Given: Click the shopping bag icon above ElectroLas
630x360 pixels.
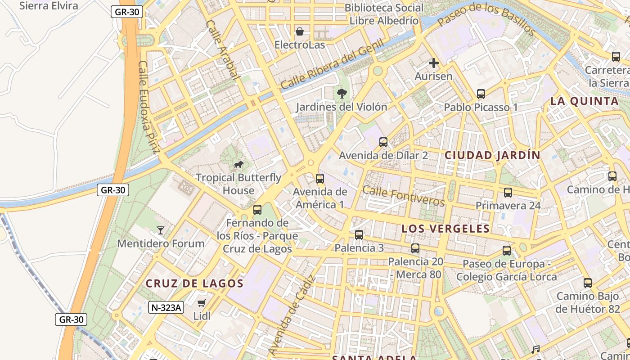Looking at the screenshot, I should pyautogui.click(x=300, y=31).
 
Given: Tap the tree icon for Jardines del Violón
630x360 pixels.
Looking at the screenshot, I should pyautogui.click(x=342, y=94).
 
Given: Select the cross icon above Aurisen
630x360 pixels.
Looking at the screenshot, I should pyautogui.click(x=433, y=63).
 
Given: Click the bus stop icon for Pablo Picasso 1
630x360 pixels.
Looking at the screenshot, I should pyautogui.click(x=481, y=94).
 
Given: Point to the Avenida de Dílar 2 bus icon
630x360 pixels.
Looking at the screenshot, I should pyautogui.click(x=383, y=142).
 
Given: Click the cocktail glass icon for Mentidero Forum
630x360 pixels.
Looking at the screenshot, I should pyautogui.click(x=160, y=230).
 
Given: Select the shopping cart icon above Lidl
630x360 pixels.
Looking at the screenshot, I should pyautogui.click(x=202, y=303).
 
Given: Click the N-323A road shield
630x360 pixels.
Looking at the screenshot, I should pyautogui.click(x=166, y=308).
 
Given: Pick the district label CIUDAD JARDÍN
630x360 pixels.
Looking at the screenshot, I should pyautogui.click(x=492, y=155).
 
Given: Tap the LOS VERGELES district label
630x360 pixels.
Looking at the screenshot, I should pyautogui.click(x=445, y=229).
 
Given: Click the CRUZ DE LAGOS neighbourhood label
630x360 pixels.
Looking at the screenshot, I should pyautogui.click(x=194, y=283).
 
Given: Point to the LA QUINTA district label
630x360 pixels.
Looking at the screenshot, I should pyautogui.click(x=585, y=101).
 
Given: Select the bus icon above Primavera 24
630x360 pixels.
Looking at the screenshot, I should pyautogui.click(x=508, y=193).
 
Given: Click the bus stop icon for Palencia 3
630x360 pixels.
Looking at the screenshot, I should pyautogui.click(x=359, y=235).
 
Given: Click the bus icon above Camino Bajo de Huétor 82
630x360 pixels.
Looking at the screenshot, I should pyautogui.click(x=587, y=283).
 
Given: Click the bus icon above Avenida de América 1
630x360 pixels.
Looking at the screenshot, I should pyautogui.click(x=319, y=179).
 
